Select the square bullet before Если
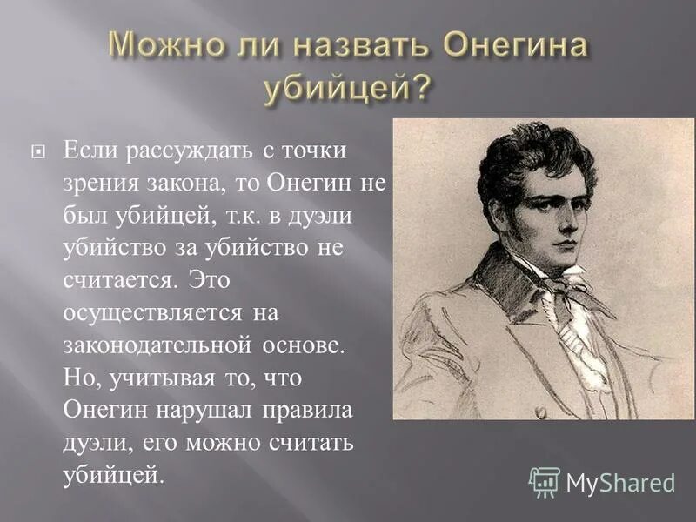pyautogui.click(x=37, y=151)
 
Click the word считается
pyautogui.click(x=108, y=280)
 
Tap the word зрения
pyautogui.click(x=98, y=182)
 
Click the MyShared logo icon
pyautogui.click(x=545, y=482)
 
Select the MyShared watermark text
pyautogui.click(x=620, y=483)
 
